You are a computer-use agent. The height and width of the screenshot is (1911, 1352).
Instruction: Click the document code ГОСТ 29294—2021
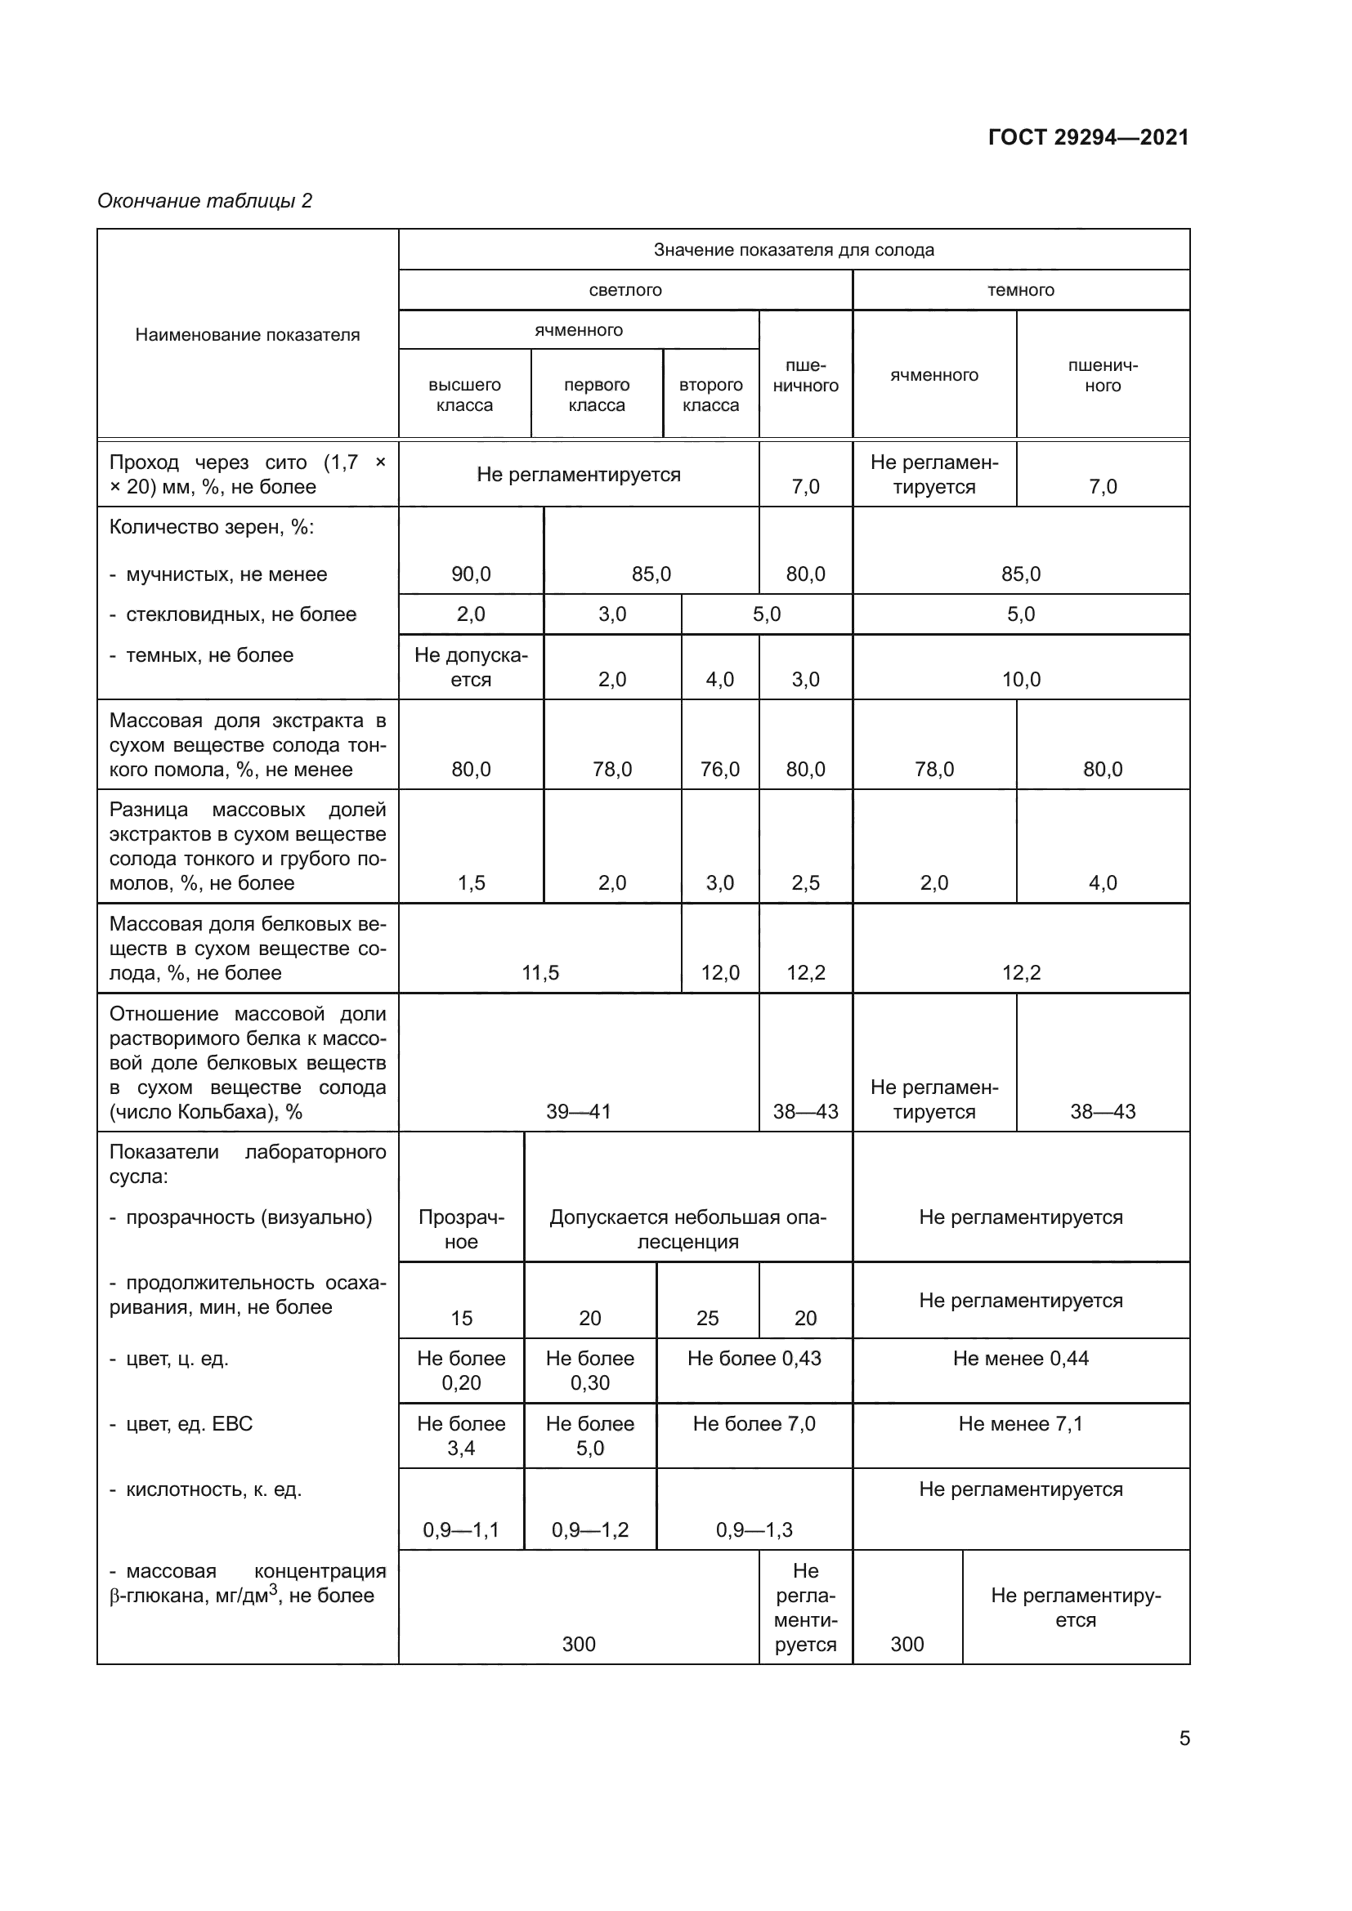pos(1088,137)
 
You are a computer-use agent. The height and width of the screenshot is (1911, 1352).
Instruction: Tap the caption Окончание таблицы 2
pos(205,201)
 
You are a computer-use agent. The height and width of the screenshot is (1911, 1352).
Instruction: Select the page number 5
pos(1184,1738)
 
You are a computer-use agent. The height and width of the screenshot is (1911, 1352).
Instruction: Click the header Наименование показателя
pos(247,335)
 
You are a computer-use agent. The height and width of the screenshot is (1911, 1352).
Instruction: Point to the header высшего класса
pos(464,395)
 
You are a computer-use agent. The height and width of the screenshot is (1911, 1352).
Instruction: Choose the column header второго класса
pos(711,395)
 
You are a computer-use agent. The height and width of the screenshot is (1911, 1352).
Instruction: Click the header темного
pos(1021,290)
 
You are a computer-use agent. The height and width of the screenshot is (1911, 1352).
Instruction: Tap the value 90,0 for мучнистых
pos(471,574)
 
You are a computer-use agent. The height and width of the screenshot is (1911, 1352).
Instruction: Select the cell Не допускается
pos(471,667)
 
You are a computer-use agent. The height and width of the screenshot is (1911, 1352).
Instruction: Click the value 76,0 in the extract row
pos(720,769)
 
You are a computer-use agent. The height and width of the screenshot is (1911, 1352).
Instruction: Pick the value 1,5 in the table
pos(471,882)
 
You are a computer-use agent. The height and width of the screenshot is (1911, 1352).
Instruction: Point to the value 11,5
pos(540,972)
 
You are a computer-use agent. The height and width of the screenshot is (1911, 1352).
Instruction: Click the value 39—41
pos(579,1111)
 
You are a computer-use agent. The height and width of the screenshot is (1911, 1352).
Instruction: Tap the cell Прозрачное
pos(461,1230)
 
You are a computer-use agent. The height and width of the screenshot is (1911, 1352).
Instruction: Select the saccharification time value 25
pos(708,1318)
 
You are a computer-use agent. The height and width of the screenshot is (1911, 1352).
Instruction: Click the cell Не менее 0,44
pos(1021,1359)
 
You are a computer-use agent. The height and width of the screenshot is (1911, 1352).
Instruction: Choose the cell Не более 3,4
pos(461,1435)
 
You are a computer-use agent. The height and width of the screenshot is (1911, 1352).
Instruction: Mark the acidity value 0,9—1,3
pos(754,1529)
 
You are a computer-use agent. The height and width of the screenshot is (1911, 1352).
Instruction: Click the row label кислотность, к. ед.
pos(213,1489)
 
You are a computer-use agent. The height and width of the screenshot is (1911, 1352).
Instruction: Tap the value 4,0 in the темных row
pos(720,679)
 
